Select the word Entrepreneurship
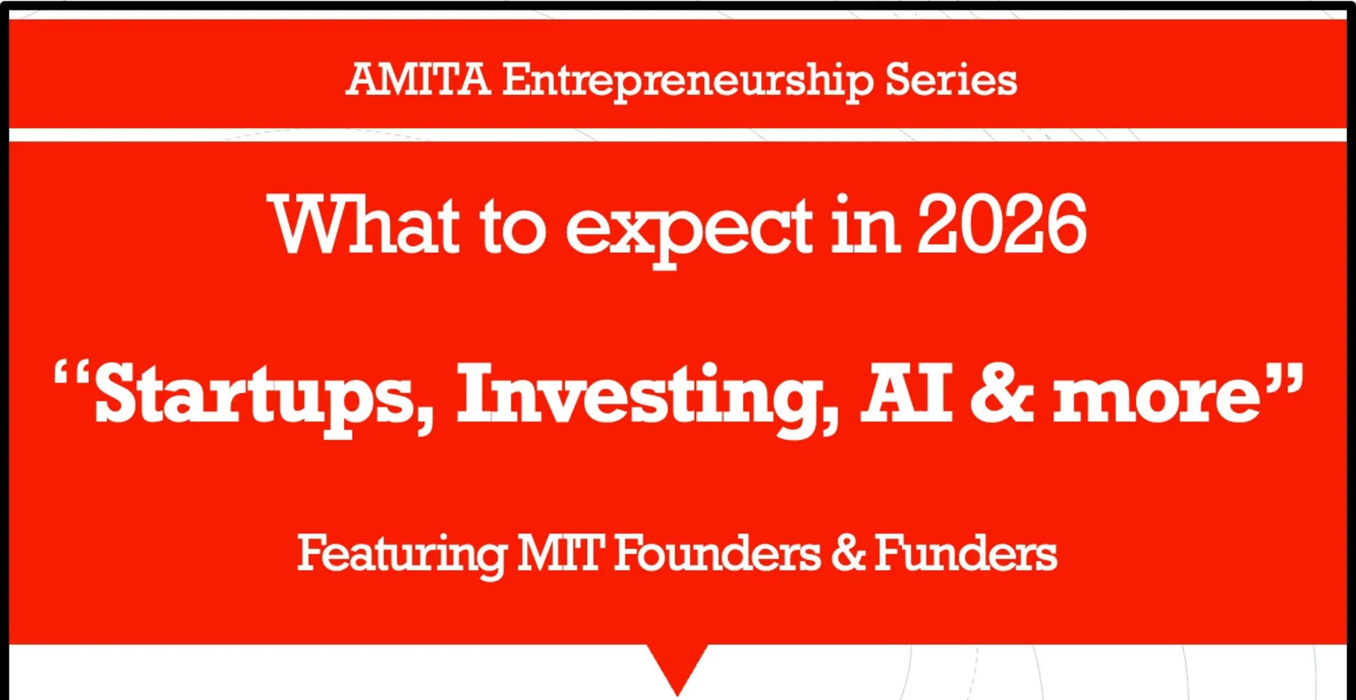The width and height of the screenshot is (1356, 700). click(688, 82)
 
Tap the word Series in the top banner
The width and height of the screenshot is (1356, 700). click(951, 79)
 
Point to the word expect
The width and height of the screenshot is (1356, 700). click(689, 232)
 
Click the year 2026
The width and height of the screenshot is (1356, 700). click(1002, 225)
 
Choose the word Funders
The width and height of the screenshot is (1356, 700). click(966, 552)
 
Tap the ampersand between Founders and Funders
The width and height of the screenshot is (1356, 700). click(848, 553)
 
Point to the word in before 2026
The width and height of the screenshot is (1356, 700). click(865, 225)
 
